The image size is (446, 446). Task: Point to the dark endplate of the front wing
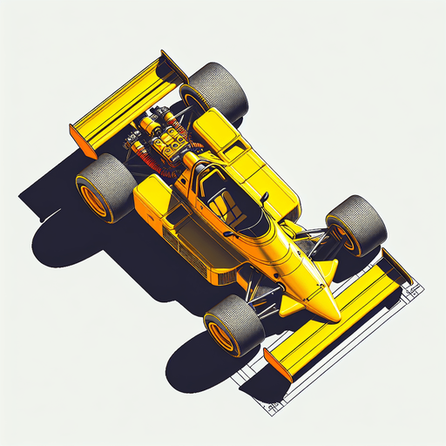coord(396,266)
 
